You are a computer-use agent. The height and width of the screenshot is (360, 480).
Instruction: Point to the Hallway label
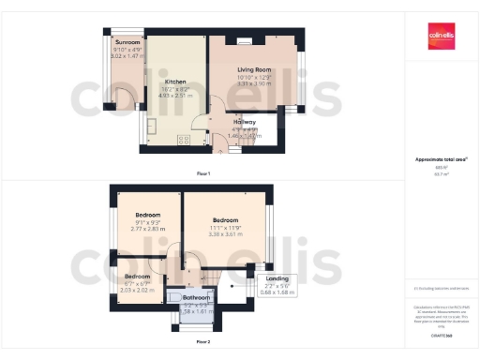coord(246,121)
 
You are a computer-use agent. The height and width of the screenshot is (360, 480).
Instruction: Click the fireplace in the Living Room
coord(246,40)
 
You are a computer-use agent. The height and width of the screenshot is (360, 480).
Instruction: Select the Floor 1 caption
coord(202,174)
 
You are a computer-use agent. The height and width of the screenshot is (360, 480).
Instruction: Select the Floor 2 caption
coord(202,343)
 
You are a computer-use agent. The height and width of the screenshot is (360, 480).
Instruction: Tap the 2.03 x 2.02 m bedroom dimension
coord(138,290)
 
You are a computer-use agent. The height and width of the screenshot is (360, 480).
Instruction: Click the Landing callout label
coord(278,278)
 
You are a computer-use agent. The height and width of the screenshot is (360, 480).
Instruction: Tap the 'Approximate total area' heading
coord(442,159)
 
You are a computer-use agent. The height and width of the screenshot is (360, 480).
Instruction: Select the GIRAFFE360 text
coord(442,334)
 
